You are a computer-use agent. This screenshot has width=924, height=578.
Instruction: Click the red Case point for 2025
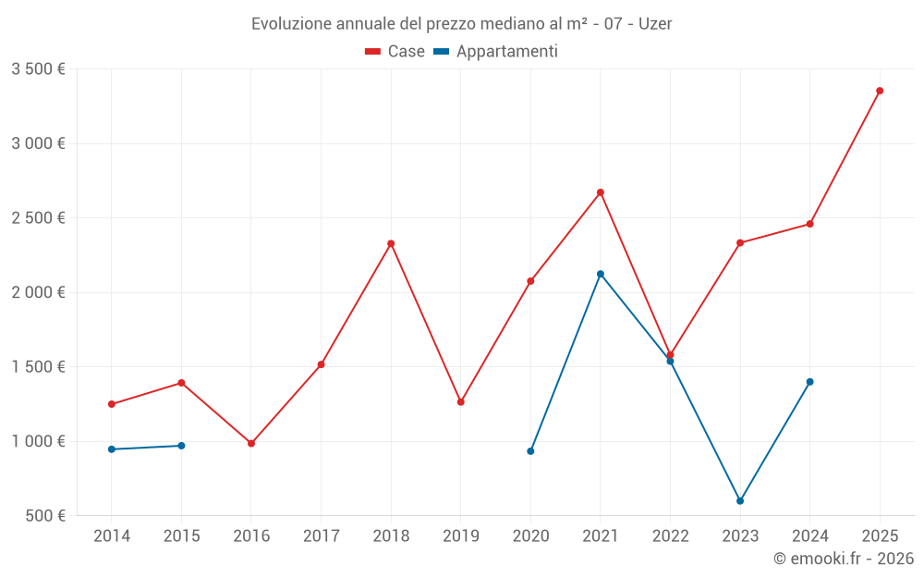point(880,91)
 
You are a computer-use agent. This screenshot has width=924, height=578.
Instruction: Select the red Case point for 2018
point(391,243)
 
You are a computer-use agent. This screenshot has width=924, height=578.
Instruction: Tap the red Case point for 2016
point(251,443)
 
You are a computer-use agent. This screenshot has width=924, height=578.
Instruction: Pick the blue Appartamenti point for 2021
point(601,274)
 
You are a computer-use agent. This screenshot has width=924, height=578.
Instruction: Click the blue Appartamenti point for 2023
point(740,501)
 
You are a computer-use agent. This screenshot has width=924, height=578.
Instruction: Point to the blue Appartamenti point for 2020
point(530,451)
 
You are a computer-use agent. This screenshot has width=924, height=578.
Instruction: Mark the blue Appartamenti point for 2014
point(112,449)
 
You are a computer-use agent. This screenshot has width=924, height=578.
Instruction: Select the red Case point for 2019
point(461,402)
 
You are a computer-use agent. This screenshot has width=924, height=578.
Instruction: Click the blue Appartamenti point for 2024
point(810,382)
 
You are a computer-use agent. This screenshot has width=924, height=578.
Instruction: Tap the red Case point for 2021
point(601,192)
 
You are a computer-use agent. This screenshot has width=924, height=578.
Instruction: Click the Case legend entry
point(395,52)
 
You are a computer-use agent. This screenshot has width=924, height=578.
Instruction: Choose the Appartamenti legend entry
point(496,52)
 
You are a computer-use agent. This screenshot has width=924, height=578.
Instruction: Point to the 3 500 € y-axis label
point(38,69)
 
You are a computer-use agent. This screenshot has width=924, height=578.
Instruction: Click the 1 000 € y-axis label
point(38,441)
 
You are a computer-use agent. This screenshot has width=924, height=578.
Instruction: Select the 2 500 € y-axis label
point(38,218)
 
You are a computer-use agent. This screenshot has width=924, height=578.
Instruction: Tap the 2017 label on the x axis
point(321,535)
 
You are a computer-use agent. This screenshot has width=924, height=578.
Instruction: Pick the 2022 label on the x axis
point(670,535)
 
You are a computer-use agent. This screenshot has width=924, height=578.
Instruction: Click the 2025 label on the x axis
point(880,535)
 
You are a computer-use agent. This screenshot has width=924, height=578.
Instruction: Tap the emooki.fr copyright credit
point(844,559)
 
